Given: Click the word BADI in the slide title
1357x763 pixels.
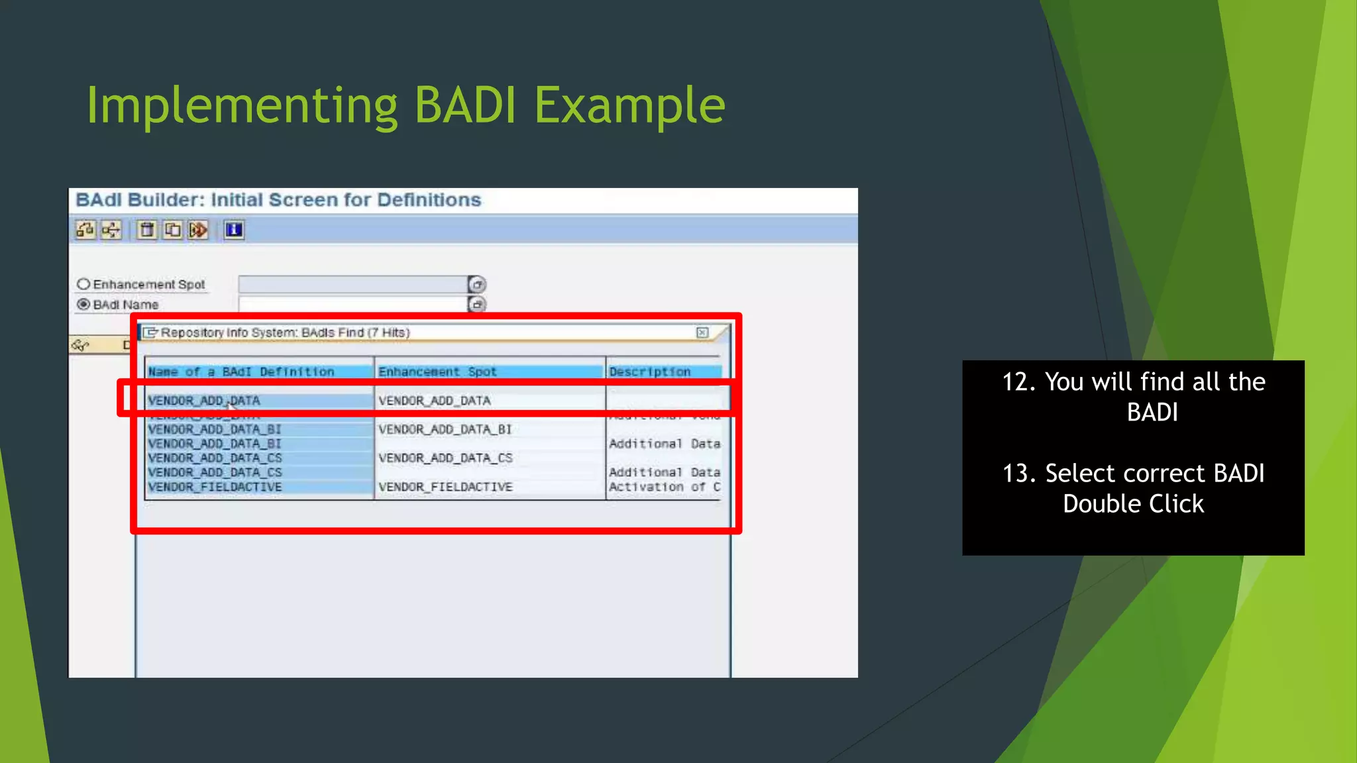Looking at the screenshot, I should pyautogui.click(x=464, y=105).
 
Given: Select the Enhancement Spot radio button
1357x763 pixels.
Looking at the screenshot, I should pyautogui.click(x=83, y=284).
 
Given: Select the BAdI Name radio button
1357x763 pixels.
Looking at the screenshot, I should pyautogui.click(x=83, y=304).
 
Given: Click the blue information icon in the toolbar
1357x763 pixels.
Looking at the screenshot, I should pyautogui.click(x=234, y=230).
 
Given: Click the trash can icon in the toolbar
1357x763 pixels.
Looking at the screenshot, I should pyautogui.click(x=147, y=230).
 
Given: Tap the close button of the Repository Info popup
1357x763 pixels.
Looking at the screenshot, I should pyautogui.click(x=702, y=332).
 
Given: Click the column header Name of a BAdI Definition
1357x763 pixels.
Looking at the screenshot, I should pyautogui.click(x=241, y=372).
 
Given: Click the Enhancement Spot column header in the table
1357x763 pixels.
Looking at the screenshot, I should pyautogui.click(x=437, y=372).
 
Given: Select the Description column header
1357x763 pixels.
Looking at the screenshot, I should pyautogui.click(x=649, y=372).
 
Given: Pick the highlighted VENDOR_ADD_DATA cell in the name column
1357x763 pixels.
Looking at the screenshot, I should pyautogui.click(x=204, y=401).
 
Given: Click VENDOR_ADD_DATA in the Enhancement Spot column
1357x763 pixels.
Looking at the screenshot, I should pyautogui.click(x=434, y=401).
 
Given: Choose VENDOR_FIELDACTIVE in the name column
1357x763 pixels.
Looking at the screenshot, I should pyautogui.click(x=215, y=487).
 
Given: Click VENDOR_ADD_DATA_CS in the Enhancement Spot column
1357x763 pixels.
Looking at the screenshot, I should pyautogui.click(x=445, y=458).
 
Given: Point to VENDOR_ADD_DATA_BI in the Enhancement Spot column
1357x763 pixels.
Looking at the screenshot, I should pyautogui.click(x=445, y=429).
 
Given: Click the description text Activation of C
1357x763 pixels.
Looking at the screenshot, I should pyautogui.click(x=664, y=487).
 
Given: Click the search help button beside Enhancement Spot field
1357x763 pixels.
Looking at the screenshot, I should pyautogui.click(x=477, y=284).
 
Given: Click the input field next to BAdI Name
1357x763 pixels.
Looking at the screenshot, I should pyautogui.click(x=353, y=304).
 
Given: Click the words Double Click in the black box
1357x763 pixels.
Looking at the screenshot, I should pyautogui.click(x=1133, y=504).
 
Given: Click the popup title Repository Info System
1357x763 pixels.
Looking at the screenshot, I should pyautogui.click(x=229, y=332).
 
